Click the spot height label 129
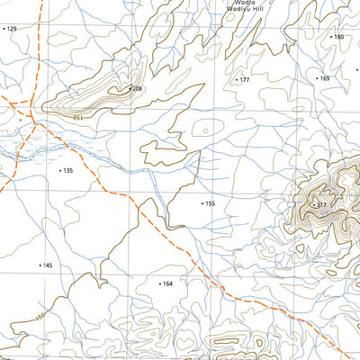[x=12, y=29]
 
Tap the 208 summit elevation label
[x=138, y=89]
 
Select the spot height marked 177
[x=244, y=80]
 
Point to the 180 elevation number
[x=339, y=37]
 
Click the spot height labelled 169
[x=325, y=79]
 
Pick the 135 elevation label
[x=67, y=170]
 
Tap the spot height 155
[x=210, y=203]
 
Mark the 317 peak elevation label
[x=321, y=205]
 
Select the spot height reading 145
[x=48, y=265]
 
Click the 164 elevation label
[x=167, y=283]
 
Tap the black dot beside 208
[x=130, y=89]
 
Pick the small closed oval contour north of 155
[x=208, y=129]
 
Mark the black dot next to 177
[x=237, y=80]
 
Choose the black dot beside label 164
[x=159, y=283]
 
